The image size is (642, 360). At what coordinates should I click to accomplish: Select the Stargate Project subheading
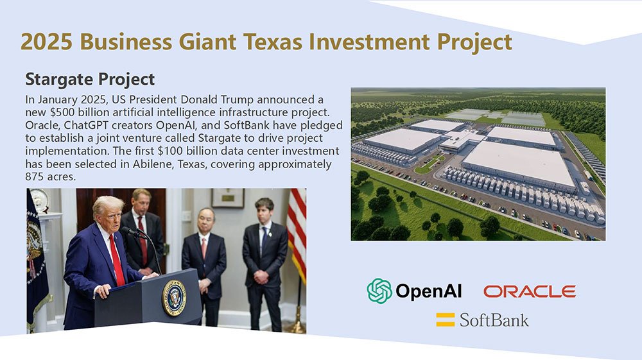pos(90,79)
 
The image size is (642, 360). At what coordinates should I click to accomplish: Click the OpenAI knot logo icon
pos(379,291)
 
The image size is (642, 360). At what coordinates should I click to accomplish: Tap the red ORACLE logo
pos(530,291)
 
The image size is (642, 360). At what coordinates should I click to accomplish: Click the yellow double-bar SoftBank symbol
pos(445,320)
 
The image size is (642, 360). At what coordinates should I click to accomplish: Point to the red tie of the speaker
pos(116,258)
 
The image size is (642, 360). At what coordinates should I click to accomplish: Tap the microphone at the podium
pos(132,232)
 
